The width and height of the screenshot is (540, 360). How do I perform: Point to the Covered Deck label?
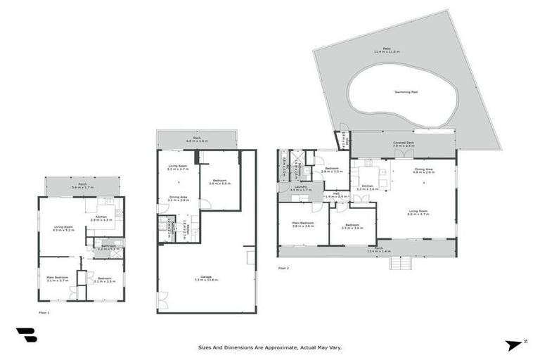click(403, 145)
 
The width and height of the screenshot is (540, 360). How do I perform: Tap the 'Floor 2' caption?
click(283, 268)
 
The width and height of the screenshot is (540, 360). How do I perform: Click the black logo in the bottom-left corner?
click(26, 336)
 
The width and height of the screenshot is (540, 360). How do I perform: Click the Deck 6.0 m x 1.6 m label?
click(197, 140)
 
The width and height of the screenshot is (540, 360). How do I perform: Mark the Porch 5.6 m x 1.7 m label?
click(83, 187)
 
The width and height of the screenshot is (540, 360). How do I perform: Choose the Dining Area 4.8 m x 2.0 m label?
click(424, 171)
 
